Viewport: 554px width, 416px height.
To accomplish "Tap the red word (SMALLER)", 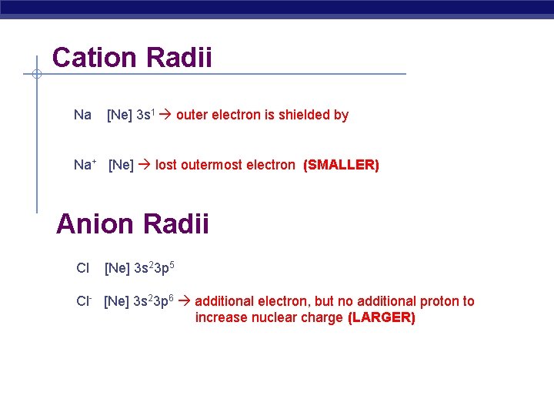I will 341,165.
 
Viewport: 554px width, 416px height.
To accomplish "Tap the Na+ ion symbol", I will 85,164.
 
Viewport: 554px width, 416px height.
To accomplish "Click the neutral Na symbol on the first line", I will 82,115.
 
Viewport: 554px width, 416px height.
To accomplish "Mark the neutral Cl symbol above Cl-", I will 82,268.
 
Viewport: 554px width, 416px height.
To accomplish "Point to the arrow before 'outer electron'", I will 165,116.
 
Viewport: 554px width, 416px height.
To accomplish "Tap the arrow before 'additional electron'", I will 185,301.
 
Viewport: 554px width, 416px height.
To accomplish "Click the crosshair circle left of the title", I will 36,74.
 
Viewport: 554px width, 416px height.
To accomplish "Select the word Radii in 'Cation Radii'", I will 180,58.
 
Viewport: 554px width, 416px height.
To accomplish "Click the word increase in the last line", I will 222,317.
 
